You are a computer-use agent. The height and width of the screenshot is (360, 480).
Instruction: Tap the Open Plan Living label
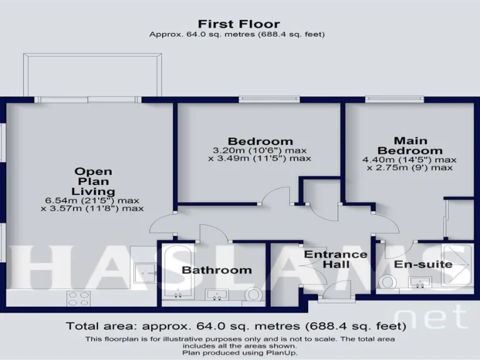click(x=93, y=181)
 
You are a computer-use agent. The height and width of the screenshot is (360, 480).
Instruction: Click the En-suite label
click(x=423, y=264)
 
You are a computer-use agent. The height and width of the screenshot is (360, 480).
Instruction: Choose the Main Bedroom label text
click(x=410, y=146)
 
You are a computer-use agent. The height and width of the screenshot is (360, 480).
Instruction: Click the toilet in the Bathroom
click(x=254, y=293)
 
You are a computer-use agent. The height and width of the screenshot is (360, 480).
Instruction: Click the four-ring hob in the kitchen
click(x=78, y=298)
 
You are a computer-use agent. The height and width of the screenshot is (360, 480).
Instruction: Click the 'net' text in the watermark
click(x=432, y=317)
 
